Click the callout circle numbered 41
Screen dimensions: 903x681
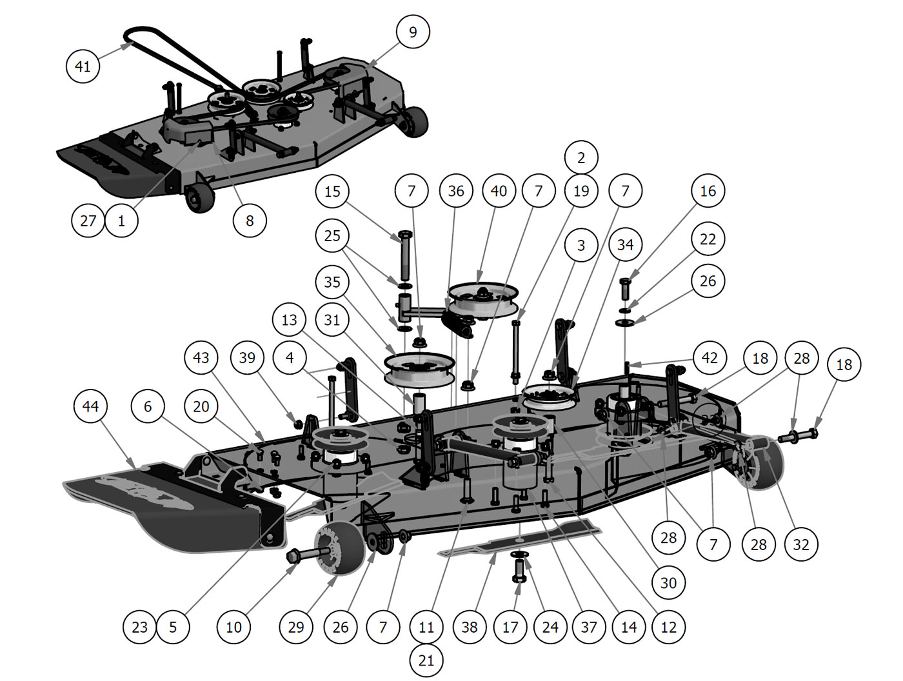pyautogui.click(x=83, y=66)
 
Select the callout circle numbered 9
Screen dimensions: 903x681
pyautogui.click(x=413, y=32)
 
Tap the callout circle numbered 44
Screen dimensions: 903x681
pyautogui.click(x=90, y=406)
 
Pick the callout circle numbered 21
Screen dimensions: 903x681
pyautogui.click(x=426, y=660)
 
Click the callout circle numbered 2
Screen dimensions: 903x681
pyautogui.click(x=581, y=157)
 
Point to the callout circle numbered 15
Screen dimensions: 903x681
pyautogui.click(x=332, y=192)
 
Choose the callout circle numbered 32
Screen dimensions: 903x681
pyautogui.click(x=801, y=544)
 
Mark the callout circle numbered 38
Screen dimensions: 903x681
pyautogui.click(x=470, y=627)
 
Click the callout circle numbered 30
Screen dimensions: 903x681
pyautogui.click(x=668, y=583)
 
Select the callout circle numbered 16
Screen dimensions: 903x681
pyautogui.click(x=708, y=191)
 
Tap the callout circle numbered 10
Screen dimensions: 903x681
pyautogui.click(x=233, y=627)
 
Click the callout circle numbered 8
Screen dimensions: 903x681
pyautogui.click(x=250, y=221)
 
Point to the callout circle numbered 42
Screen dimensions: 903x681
pyautogui.click(x=709, y=358)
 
